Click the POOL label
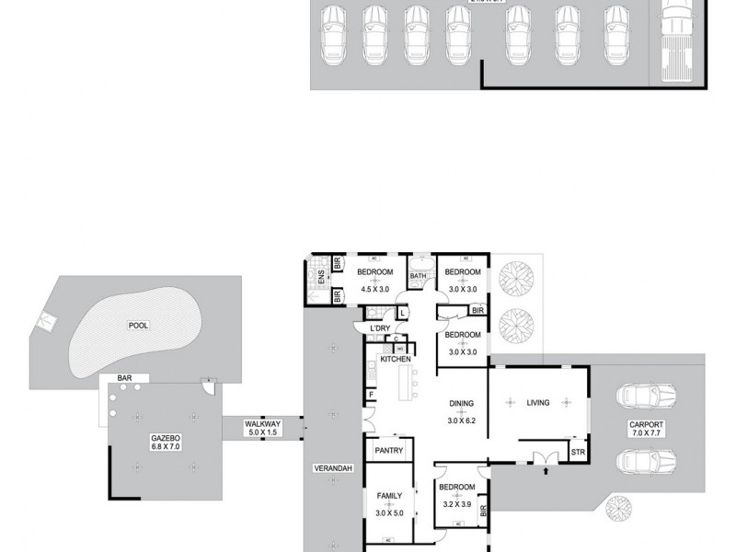click(139, 325)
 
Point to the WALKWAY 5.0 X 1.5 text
click(262, 427)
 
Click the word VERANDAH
click(334, 469)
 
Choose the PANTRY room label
click(389, 450)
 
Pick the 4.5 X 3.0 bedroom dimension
click(374, 288)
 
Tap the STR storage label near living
click(579, 452)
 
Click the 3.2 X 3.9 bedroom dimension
click(456, 504)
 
